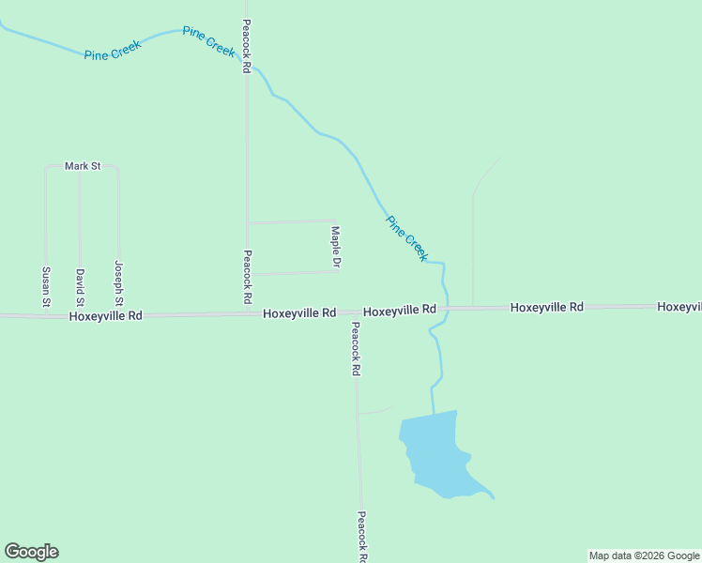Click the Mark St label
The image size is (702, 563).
click(x=83, y=166)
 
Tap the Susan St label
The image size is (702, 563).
click(x=45, y=287)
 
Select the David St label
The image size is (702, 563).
click(x=81, y=288)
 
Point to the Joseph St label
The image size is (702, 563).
click(x=118, y=283)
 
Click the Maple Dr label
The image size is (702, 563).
click(x=335, y=246)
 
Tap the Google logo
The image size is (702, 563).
click(x=31, y=552)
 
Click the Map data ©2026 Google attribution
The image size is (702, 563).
click(x=644, y=555)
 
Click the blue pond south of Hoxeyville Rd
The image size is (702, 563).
click(x=435, y=454)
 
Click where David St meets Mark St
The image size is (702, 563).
click(x=81, y=167)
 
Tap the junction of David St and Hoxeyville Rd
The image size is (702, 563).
click(x=81, y=315)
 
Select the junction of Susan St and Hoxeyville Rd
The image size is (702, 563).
click(x=45, y=316)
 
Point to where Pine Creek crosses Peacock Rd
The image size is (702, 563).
click(x=247, y=63)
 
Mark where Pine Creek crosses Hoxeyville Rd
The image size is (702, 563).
click(x=445, y=309)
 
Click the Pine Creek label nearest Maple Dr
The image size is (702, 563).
click(x=407, y=238)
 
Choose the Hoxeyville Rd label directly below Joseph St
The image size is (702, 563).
click(x=105, y=316)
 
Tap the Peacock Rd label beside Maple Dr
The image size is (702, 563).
click(x=247, y=276)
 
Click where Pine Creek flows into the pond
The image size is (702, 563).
click(x=434, y=413)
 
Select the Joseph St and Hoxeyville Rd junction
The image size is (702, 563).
click(x=118, y=315)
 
